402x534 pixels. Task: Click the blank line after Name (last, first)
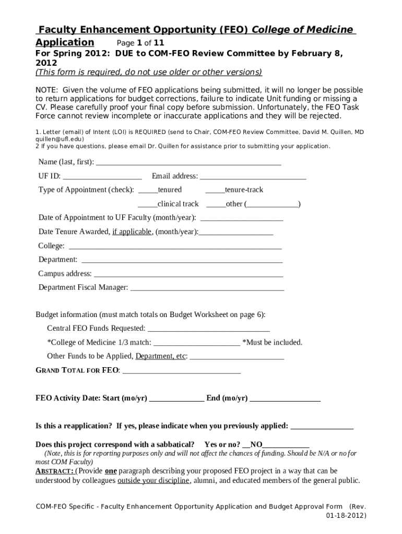(x=188, y=163)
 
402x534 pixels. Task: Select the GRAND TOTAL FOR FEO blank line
(x=181, y=372)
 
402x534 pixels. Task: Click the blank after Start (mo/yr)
(x=177, y=399)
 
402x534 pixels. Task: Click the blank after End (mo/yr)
(x=285, y=399)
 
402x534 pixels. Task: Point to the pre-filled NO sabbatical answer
(x=256, y=445)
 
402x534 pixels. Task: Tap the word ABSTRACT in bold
(x=54, y=471)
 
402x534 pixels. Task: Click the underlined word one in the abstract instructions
(x=111, y=471)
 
